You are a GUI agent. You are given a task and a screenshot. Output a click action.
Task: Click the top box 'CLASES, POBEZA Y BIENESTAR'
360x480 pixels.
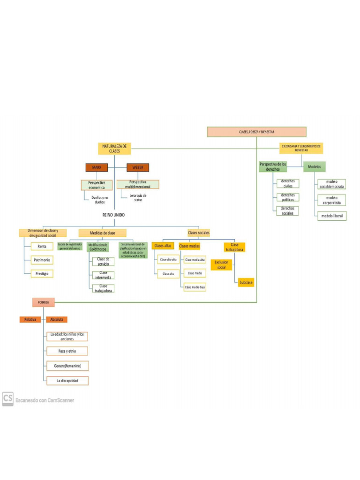tap(256, 132)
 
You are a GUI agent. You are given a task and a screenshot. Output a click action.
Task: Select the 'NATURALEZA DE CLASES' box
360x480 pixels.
tap(114, 149)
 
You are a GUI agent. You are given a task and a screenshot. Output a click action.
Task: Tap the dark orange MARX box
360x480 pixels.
tap(97, 167)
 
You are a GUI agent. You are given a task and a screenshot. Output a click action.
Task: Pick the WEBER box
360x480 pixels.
tap(138, 167)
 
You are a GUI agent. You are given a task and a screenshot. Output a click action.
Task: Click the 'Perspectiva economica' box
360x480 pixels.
tap(97, 185)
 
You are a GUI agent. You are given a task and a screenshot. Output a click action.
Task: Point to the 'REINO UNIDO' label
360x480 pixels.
tap(113, 215)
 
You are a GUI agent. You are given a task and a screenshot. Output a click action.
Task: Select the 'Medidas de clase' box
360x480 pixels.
tap(102, 232)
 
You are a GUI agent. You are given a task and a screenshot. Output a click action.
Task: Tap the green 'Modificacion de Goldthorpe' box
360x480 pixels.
tap(98, 247)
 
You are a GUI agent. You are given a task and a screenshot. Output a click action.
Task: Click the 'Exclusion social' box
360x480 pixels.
tap(221, 265)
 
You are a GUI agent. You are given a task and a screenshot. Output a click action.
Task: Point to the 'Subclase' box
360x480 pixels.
tap(246, 283)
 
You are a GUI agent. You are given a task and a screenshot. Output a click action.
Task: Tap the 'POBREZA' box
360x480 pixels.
tap(44, 302)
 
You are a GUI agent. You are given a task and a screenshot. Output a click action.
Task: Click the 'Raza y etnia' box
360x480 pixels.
tap(67, 351)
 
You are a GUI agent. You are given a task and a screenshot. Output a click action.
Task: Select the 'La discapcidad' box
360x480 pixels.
tap(67, 380)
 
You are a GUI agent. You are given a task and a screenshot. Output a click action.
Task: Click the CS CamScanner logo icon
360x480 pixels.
tap(7, 399)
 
